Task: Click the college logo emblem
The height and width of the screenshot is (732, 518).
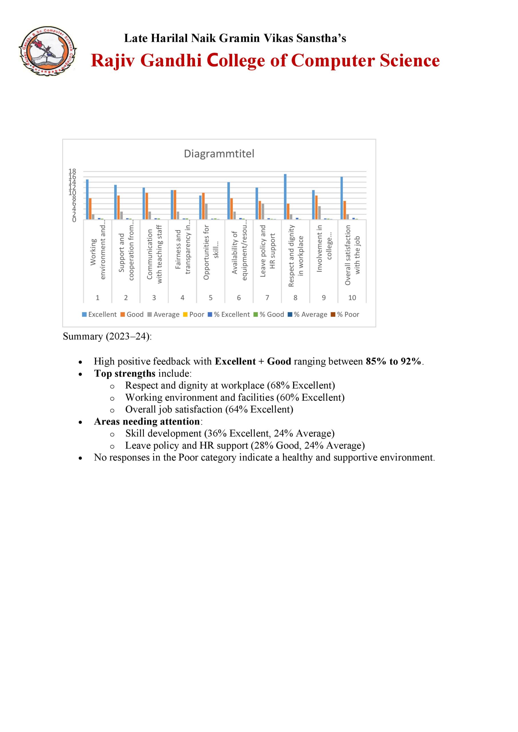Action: [x=47, y=51]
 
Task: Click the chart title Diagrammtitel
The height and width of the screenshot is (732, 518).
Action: [x=219, y=154]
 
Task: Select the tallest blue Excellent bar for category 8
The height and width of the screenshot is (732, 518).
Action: [x=285, y=196]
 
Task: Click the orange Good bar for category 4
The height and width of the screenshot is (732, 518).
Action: [x=175, y=205]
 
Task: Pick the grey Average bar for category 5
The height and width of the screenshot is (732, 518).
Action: [x=206, y=211]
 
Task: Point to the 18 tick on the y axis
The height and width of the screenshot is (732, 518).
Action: [x=72, y=172]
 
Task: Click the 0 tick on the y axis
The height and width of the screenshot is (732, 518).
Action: [x=74, y=220]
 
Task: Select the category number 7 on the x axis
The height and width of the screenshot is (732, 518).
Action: [x=267, y=297]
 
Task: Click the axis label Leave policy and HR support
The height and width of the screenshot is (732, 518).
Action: [x=267, y=251]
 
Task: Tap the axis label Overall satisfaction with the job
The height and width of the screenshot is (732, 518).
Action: [x=352, y=255]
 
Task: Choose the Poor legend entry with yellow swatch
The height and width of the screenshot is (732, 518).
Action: [x=194, y=314]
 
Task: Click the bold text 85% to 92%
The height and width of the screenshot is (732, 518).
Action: [x=394, y=361]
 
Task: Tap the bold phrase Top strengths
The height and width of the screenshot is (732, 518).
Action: [x=125, y=373]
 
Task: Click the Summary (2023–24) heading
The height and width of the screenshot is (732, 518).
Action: [x=107, y=336]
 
